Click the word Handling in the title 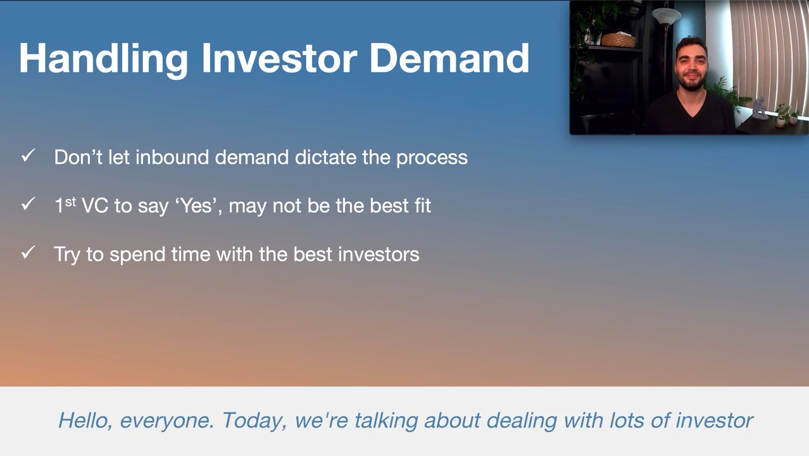click(x=104, y=59)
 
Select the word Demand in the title click(x=449, y=58)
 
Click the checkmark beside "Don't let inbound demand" click(x=28, y=155)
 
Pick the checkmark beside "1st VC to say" click(x=28, y=204)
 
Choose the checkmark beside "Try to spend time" click(x=28, y=252)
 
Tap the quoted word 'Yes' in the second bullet click(x=198, y=206)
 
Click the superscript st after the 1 click(x=70, y=201)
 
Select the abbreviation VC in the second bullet click(x=95, y=206)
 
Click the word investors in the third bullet click(x=379, y=254)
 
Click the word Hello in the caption click(x=85, y=421)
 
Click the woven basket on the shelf click(x=618, y=40)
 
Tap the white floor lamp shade click(x=667, y=16)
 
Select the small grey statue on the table click(x=759, y=108)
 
